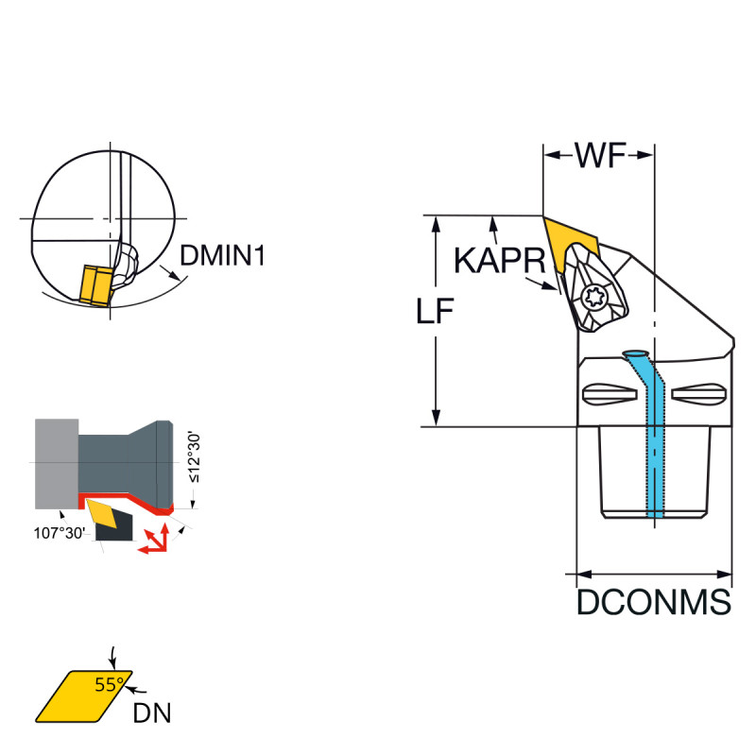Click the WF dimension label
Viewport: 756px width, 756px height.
coord(600,156)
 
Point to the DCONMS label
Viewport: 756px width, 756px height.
coord(654,602)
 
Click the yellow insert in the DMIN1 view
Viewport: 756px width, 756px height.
coord(94,284)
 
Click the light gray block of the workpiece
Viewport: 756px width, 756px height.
coord(56,462)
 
